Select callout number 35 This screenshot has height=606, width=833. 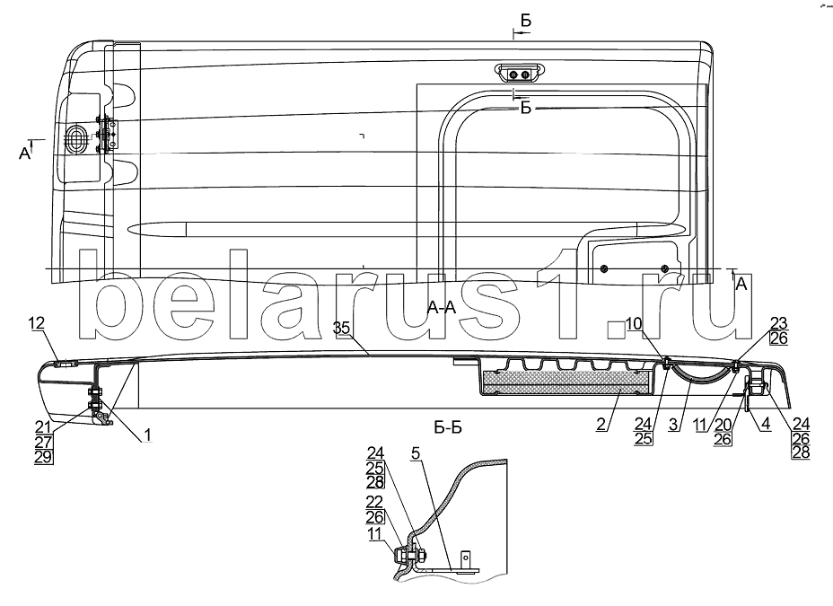(341, 328)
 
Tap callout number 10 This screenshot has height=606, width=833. (633, 323)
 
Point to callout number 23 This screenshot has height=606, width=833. (778, 324)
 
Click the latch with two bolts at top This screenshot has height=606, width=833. (518, 72)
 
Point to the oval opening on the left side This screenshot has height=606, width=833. (77, 141)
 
